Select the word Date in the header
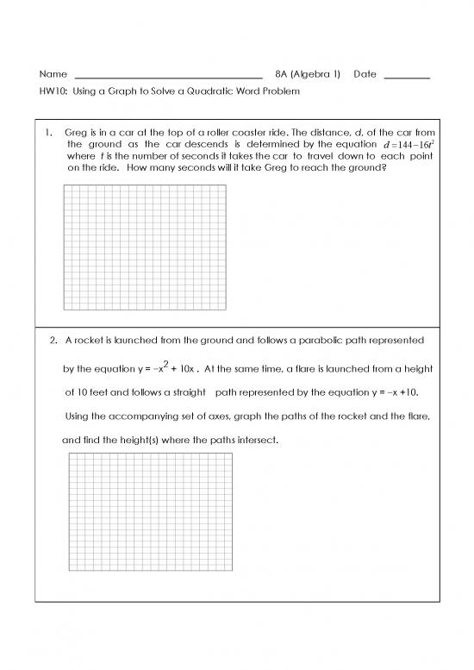pyautogui.click(x=365, y=75)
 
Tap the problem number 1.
pyautogui.click(x=51, y=132)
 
